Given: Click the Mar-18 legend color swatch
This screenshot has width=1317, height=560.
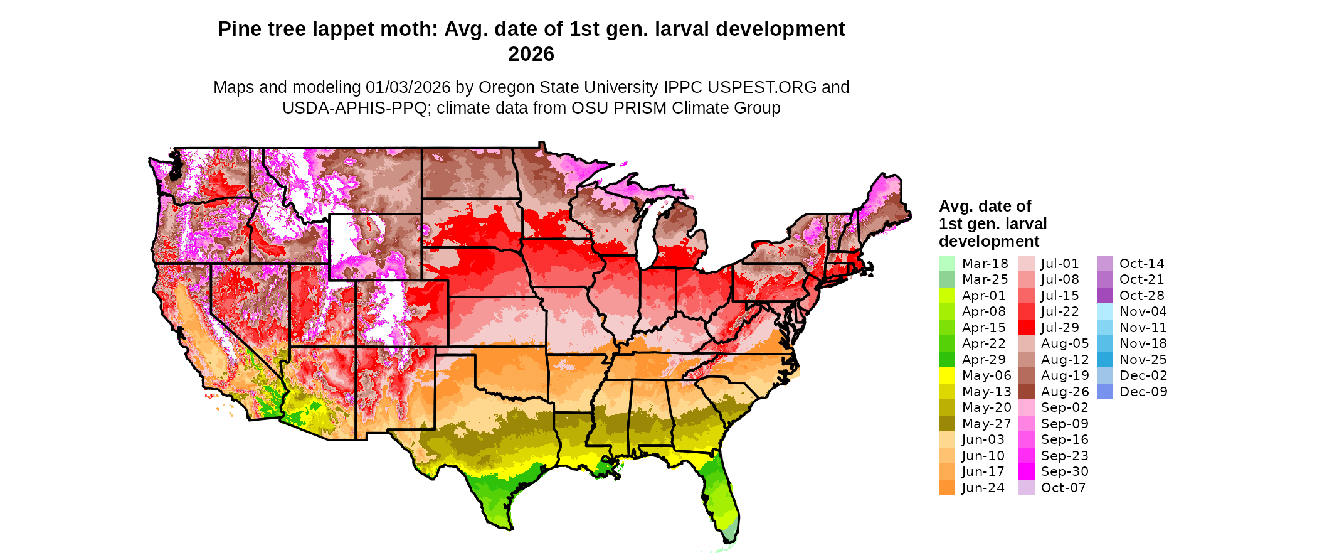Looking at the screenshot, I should (x=946, y=264).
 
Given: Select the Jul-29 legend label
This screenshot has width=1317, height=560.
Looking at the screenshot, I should (x=1060, y=328).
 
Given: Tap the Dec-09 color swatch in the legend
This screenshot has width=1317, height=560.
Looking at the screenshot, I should (x=1104, y=392).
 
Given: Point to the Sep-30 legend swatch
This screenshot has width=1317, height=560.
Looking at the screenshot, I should (x=1026, y=471).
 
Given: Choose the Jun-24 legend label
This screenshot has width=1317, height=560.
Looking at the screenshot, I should (x=983, y=488).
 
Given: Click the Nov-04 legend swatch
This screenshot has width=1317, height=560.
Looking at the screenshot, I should (x=1104, y=311).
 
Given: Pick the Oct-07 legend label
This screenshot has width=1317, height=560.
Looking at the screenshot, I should (x=1063, y=488).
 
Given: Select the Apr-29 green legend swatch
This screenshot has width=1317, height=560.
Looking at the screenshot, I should (x=946, y=360).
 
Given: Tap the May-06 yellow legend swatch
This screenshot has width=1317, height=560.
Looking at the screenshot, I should (x=946, y=375).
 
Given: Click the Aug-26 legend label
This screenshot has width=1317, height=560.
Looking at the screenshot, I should (x=1065, y=392).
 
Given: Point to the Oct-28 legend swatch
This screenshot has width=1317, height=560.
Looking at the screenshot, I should (x=1104, y=296).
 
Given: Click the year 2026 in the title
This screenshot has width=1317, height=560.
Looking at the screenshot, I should (x=531, y=55).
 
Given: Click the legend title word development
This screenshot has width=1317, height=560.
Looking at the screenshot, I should (x=988, y=242).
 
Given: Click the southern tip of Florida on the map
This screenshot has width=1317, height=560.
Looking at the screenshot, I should (x=729, y=537).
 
